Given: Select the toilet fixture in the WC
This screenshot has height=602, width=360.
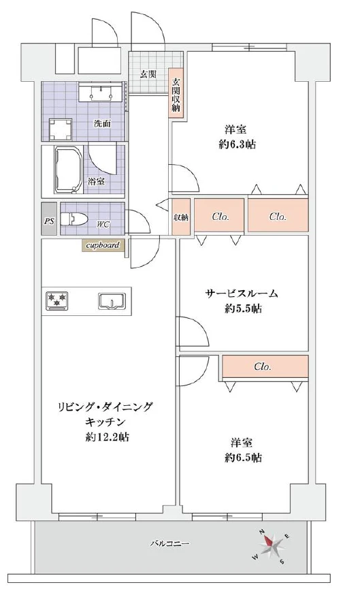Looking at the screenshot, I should point(73,219).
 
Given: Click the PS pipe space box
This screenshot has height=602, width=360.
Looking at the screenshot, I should point(48,220).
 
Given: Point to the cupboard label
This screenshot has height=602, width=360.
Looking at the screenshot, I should point(103,245).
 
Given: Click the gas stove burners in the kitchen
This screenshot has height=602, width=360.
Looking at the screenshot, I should point(56,300).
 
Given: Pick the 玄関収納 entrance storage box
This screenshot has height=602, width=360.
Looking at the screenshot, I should point(176,95).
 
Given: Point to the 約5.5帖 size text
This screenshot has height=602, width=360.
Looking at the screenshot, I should point(242,308).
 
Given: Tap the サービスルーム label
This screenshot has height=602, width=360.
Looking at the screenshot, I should point(242,294).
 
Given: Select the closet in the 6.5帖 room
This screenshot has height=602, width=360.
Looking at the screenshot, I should point(263,366).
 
